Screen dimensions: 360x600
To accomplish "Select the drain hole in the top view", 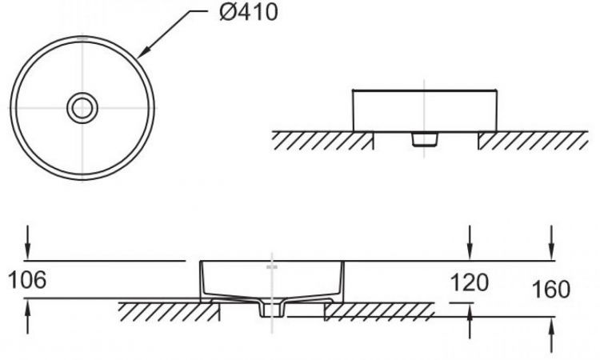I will coord(81,107).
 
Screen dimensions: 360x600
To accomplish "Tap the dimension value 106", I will coord(26,280).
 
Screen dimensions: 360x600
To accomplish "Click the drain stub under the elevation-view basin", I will coord(425,139).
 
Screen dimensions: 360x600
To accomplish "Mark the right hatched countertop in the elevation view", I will coord(532,141).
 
